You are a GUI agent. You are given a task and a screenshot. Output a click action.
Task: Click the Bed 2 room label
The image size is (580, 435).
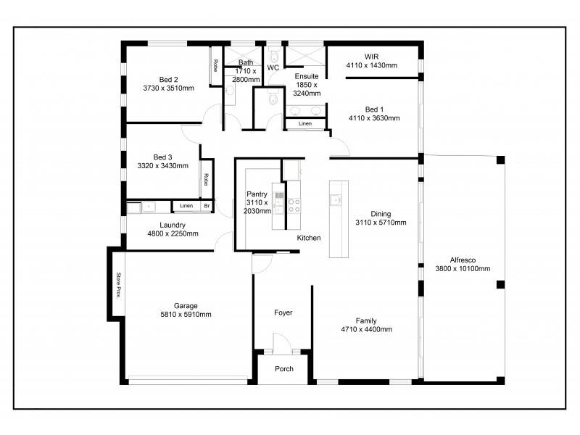point(169,80)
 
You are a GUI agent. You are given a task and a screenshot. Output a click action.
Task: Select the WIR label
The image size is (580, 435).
point(371,56)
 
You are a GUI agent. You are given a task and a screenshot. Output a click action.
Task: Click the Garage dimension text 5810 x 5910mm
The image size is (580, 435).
point(186,315)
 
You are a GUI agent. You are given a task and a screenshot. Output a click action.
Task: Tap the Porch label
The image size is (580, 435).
point(284,368)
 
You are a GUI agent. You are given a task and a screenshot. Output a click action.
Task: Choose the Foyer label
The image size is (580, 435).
point(283,312)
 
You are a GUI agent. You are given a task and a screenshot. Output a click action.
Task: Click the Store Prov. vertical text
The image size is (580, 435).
point(117,285)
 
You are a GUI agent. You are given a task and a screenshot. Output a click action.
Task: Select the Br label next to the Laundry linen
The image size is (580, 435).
point(207,207)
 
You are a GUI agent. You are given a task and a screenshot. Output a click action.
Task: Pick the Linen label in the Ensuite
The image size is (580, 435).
point(305,124)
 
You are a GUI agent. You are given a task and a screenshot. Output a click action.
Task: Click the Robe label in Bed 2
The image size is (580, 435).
point(215,65)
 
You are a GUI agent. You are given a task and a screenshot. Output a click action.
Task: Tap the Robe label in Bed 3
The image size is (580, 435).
point(206,181)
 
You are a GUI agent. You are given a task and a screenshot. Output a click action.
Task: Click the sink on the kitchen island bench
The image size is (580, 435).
point(336,199)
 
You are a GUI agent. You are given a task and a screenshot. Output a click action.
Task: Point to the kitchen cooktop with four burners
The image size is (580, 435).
point(294,206)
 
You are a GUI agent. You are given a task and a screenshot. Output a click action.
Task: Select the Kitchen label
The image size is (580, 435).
point(308,238)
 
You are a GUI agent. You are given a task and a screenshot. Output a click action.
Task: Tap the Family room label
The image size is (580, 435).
point(365,320)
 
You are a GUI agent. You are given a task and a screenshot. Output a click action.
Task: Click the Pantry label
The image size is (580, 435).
point(257,194)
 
